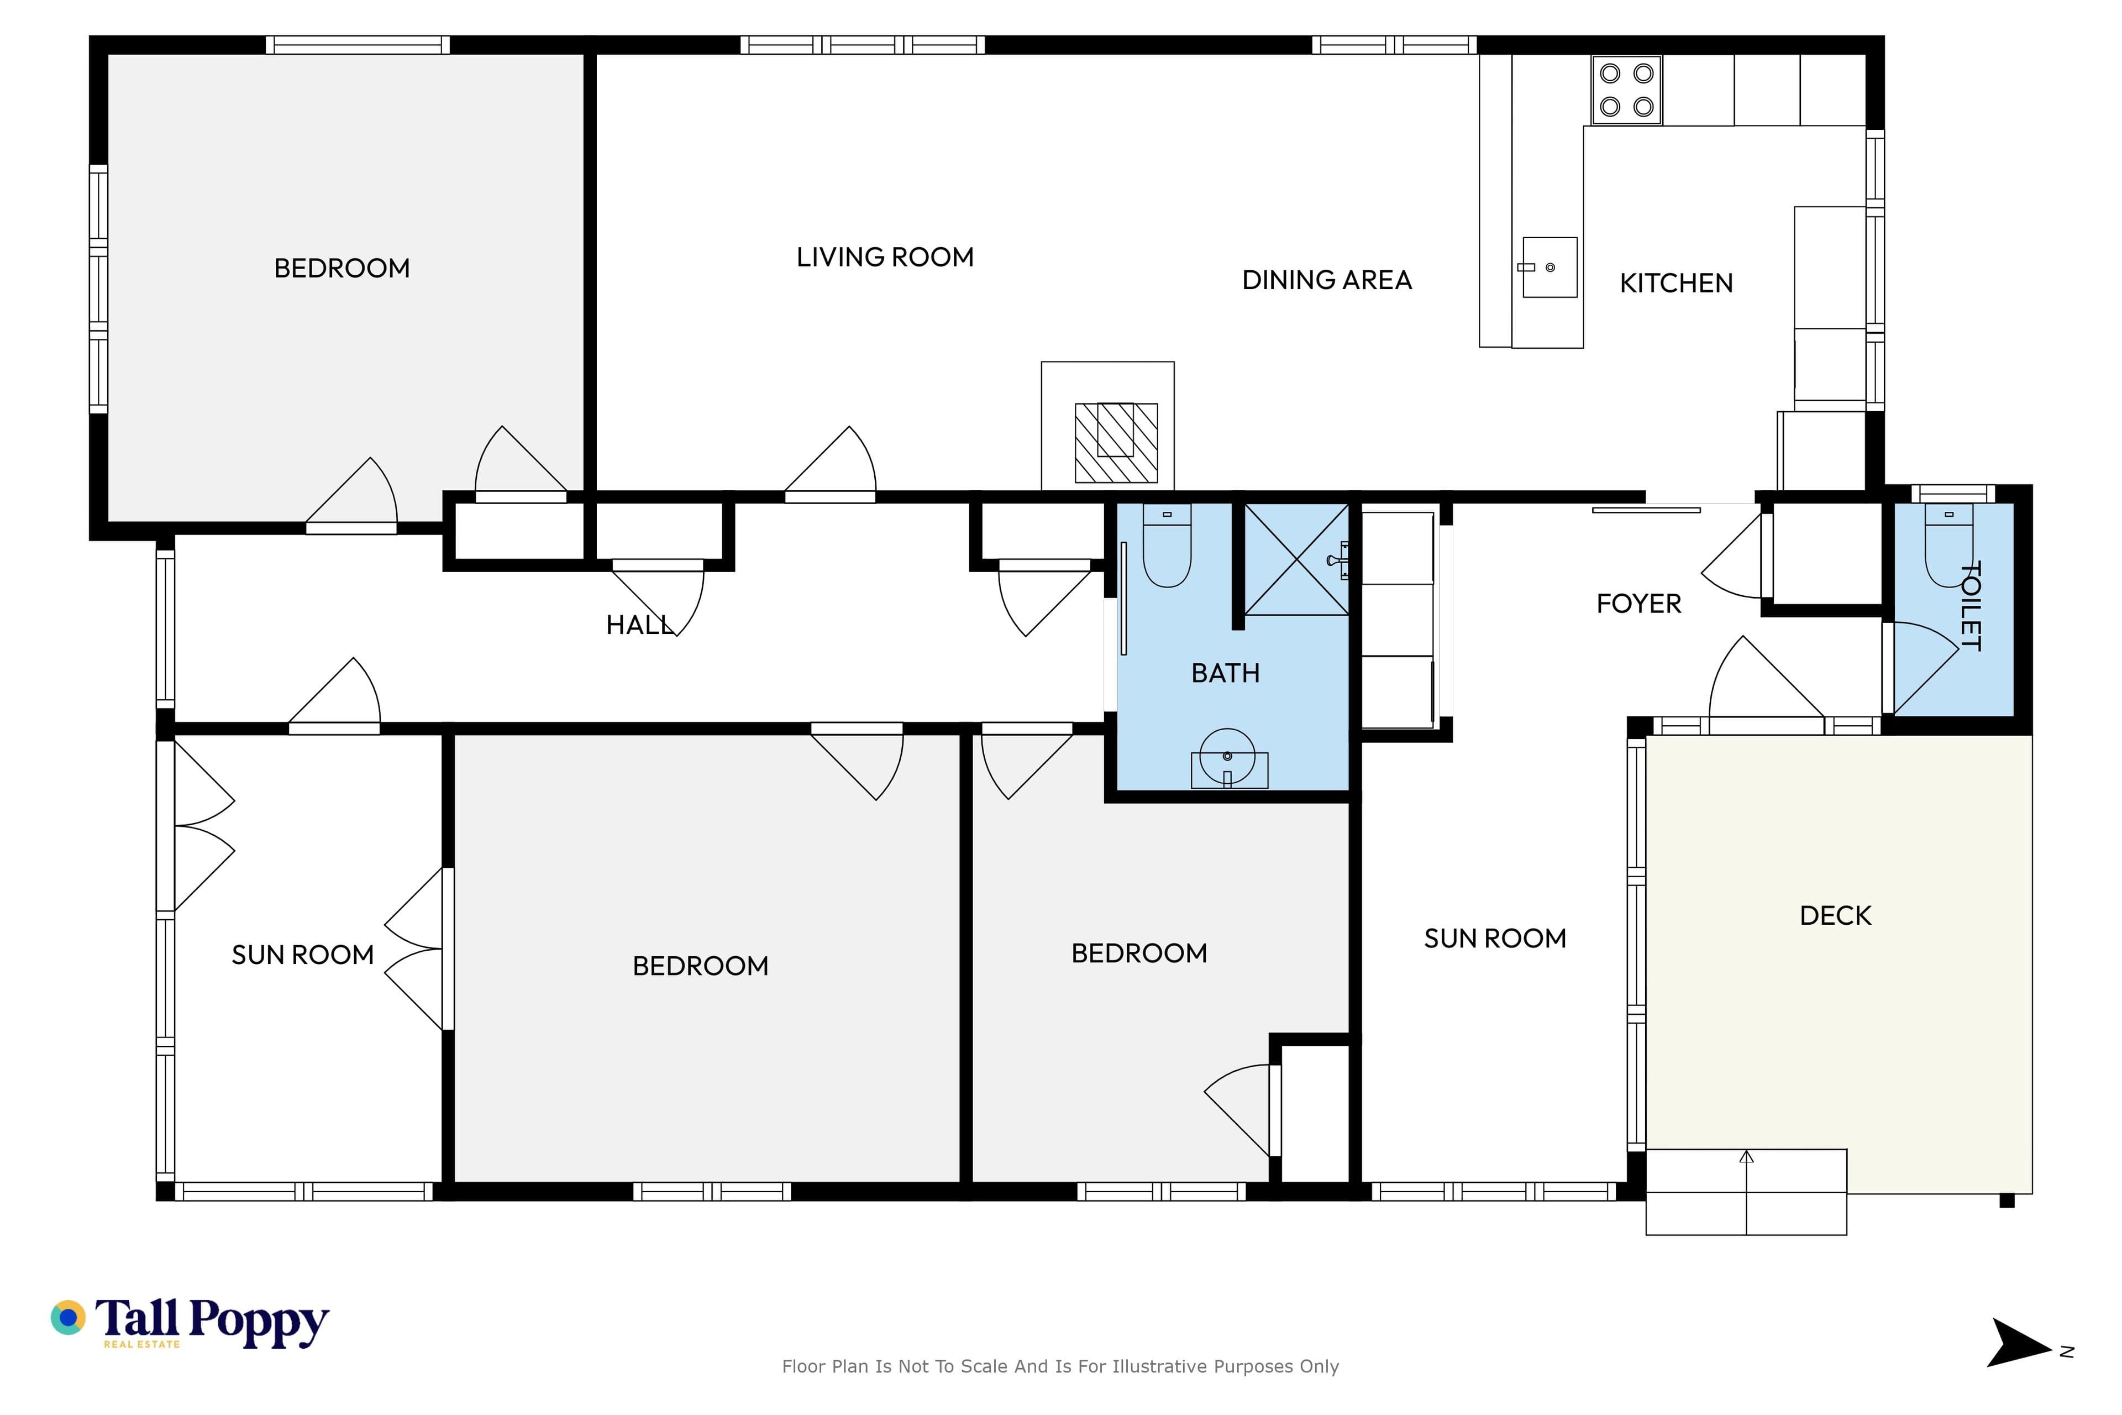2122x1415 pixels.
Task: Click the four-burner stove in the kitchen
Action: pos(1627,90)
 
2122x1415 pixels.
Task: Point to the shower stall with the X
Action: pos(1296,559)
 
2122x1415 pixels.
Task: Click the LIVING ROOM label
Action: pos(885,257)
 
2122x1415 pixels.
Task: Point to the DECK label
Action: pos(1835,916)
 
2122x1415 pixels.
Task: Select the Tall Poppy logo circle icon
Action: pos(67,1318)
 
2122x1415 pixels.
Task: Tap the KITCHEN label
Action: pos(1676,284)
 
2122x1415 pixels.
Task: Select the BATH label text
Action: pos(1225,673)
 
